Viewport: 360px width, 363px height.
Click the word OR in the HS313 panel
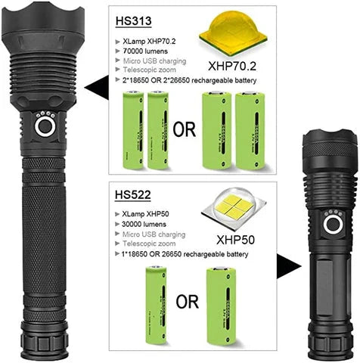click(x=185, y=129)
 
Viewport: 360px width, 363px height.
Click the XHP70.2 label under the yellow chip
click(x=234, y=66)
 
